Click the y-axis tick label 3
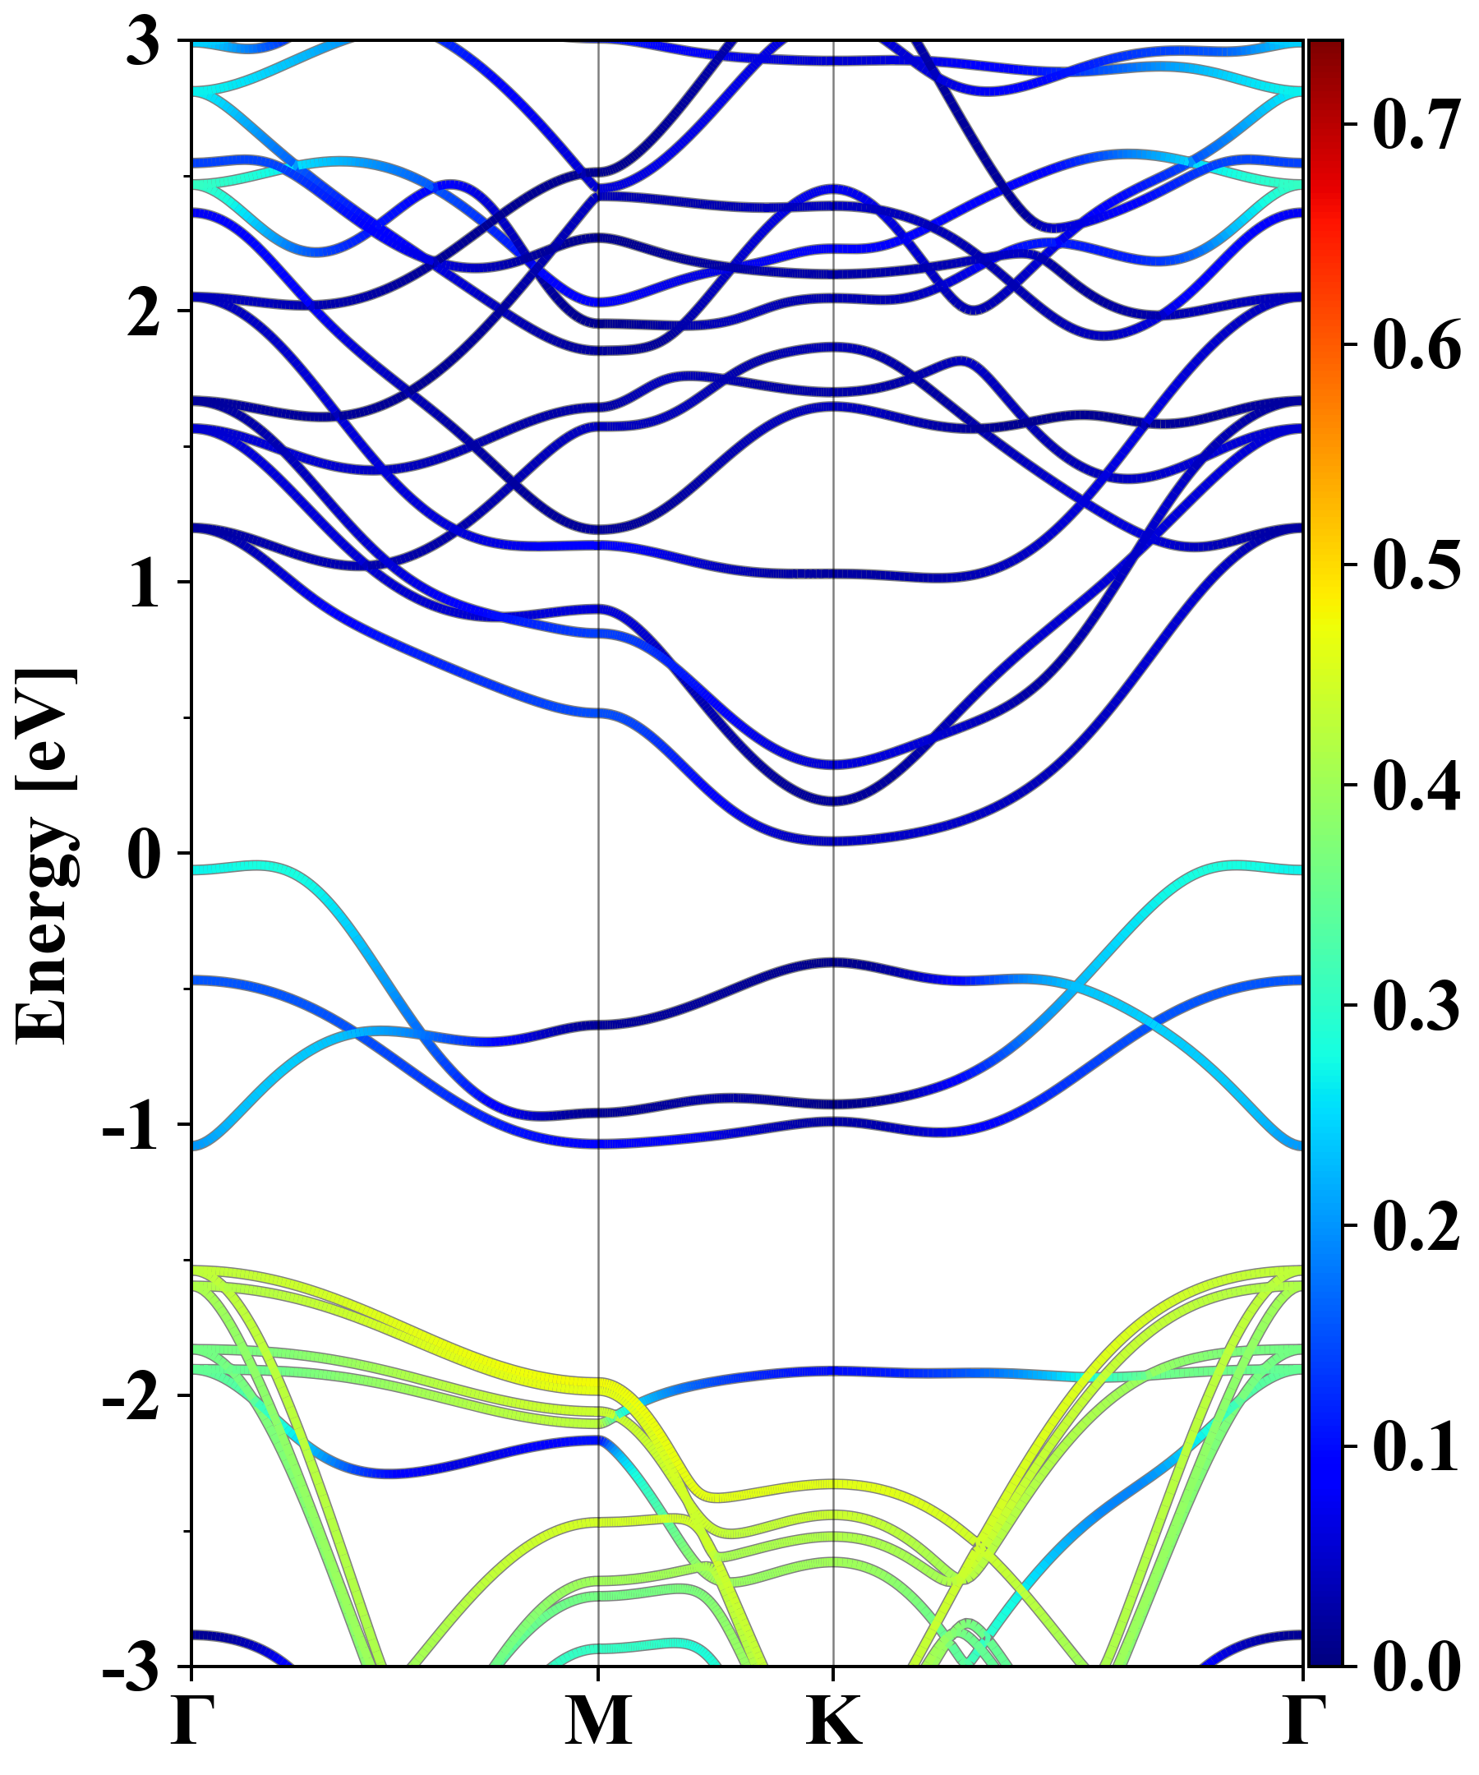144,42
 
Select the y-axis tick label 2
144,312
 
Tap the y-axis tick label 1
144,583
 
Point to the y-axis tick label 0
144,855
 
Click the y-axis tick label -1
131,1126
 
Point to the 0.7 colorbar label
1416,125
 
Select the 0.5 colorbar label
1416,565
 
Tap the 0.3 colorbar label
1416,1005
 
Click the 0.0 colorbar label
1416,1666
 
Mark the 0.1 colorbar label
1416,1445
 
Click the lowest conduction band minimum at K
834,840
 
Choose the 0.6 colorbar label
1416,345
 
